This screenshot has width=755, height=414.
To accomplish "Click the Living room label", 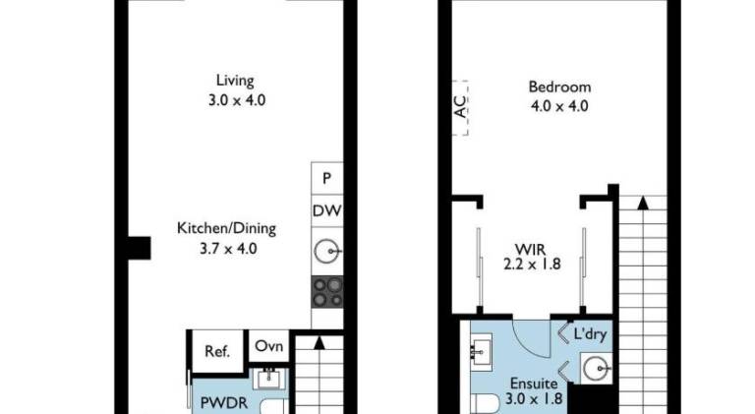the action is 236,90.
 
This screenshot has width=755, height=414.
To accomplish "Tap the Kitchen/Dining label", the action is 227,238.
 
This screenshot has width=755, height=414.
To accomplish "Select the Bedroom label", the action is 559,95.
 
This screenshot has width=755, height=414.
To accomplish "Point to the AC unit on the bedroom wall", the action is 461,108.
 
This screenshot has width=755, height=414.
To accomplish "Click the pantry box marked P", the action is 327,178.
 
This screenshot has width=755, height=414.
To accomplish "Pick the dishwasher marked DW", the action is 327,210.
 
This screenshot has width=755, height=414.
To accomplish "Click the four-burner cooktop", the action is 327,292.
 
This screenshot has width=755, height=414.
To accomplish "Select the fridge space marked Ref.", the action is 217,351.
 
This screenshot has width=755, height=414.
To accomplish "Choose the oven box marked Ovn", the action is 268,345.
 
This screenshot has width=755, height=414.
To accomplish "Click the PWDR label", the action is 223,402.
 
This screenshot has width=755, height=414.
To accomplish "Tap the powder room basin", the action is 269,379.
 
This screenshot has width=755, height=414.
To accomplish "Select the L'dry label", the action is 590,334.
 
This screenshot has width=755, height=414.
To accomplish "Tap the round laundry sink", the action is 596,369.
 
